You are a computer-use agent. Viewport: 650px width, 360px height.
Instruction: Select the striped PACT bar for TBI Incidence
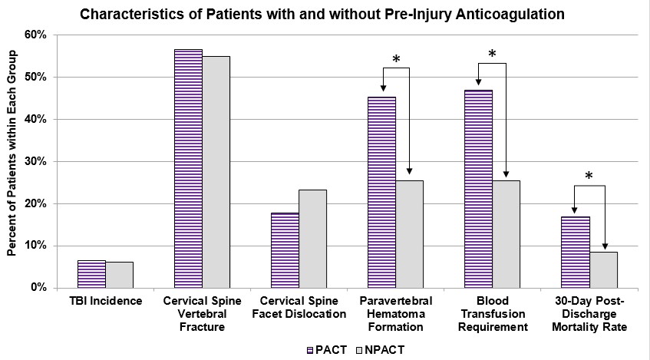pos(91,274)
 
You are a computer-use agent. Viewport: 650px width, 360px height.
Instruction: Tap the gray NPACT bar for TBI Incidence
pos(119,275)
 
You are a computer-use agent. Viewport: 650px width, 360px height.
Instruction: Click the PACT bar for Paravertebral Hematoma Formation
pos(381,192)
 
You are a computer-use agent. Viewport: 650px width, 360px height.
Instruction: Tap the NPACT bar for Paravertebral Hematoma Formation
pos(409,234)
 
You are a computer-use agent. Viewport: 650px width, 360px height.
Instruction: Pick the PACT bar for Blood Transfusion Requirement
pos(478,189)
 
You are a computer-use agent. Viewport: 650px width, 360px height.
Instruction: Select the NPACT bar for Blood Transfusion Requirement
pos(506,234)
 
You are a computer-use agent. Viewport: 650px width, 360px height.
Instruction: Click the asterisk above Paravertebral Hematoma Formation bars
pos(396,60)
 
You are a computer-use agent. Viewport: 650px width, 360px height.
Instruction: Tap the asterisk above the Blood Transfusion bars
pos(492,54)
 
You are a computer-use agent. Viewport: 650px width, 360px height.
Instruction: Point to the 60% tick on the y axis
pos(35,35)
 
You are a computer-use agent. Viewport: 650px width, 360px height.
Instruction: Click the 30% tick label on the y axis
pos(35,162)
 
